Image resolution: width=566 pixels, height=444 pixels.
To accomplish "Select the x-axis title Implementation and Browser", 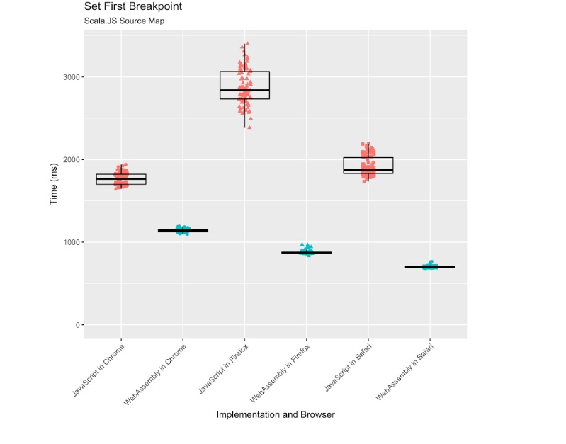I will click(x=276, y=414).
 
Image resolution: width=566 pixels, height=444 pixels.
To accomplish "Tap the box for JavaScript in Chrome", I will click(x=121, y=179).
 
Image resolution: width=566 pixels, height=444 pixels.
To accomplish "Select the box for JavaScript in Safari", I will click(x=368, y=165).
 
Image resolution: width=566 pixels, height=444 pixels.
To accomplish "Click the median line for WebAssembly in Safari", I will click(x=429, y=267).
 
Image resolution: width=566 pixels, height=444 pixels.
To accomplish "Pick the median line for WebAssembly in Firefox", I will click(x=306, y=253).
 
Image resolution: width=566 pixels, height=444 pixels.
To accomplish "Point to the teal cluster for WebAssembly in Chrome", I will click(x=183, y=230).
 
